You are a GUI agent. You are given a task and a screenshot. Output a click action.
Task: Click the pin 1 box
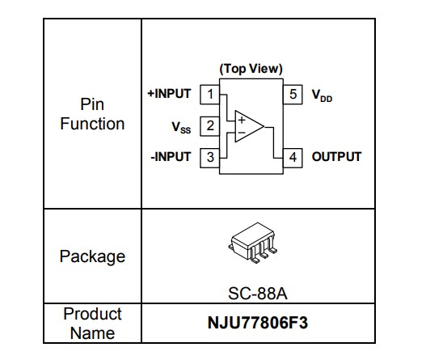210,94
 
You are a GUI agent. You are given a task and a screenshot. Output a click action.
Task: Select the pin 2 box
210,125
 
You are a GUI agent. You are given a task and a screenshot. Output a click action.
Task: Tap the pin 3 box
210,157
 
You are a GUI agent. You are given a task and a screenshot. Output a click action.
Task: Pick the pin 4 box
293,157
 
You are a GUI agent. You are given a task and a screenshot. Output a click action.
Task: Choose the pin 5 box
293,94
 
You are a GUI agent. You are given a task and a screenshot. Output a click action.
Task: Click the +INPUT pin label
169,94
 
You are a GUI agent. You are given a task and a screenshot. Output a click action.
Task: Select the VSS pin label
182,126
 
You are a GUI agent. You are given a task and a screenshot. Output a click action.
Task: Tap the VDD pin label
322,95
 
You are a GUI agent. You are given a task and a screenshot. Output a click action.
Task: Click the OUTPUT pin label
336,157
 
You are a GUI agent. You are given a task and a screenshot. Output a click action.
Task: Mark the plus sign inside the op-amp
240,119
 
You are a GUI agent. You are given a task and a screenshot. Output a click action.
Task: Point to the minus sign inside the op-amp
240,133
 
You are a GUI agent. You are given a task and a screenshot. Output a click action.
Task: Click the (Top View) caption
251,70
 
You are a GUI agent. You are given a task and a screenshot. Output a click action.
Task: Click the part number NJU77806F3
257,324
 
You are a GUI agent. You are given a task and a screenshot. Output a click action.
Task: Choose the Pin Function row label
92,114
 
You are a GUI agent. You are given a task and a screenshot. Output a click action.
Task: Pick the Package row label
92,256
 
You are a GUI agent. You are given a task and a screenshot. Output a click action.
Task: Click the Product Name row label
92,323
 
